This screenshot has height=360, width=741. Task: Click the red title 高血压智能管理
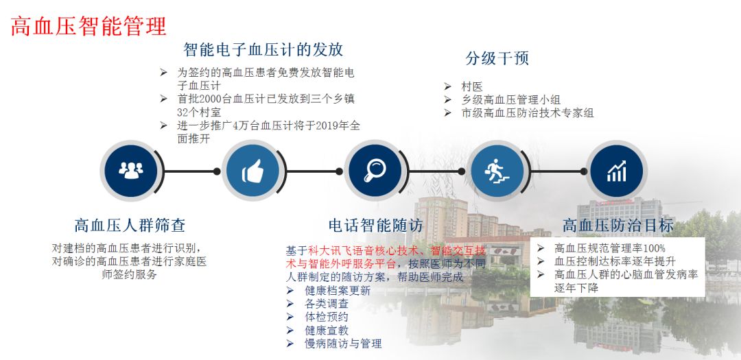coord(89,27)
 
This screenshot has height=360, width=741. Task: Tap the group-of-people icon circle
coord(131,171)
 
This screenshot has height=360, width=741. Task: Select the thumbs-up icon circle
coord(252,171)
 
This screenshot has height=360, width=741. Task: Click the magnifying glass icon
coord(375,170)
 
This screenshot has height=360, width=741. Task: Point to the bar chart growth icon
coord(617,171)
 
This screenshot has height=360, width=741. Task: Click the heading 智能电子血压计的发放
coord(263,49)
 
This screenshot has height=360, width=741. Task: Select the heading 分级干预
coord(497,58)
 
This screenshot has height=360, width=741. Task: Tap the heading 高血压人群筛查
coord(130,226)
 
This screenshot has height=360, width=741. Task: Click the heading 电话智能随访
coord(376,226)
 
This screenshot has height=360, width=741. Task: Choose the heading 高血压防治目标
coord(618,226)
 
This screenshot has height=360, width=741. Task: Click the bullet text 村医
coord(471,87)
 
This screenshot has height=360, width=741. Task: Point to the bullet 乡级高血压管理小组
coord(510,100)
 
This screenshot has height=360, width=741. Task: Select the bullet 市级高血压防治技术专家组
coord(528,113)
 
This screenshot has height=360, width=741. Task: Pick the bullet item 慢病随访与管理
coord(343,344)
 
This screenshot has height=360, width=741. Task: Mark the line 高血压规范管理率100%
coord(610,248)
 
